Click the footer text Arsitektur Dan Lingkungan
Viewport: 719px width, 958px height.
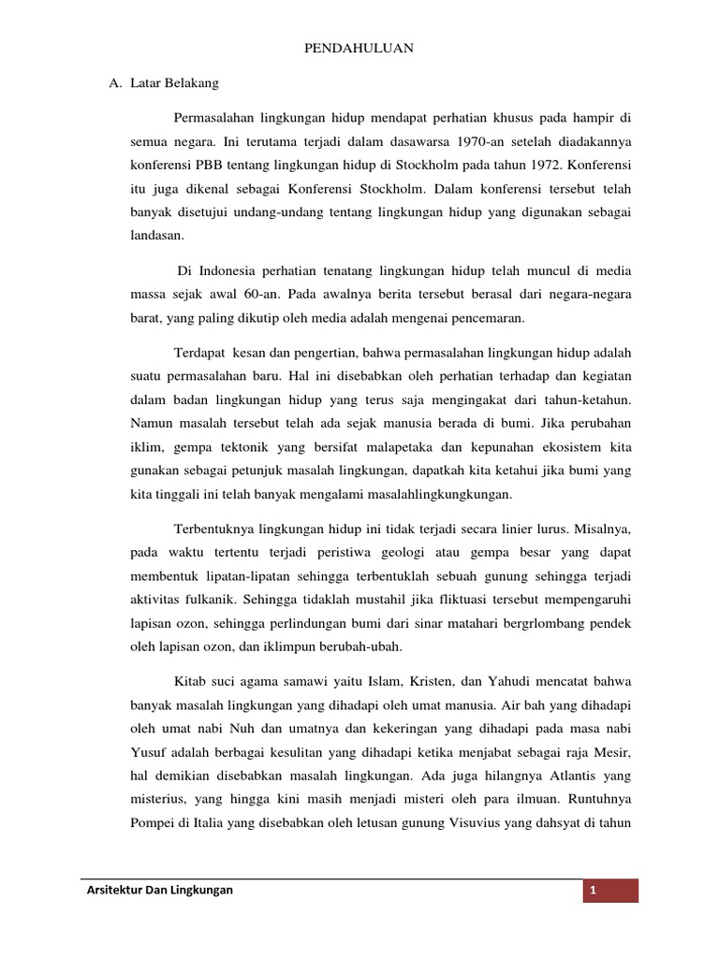158,891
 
